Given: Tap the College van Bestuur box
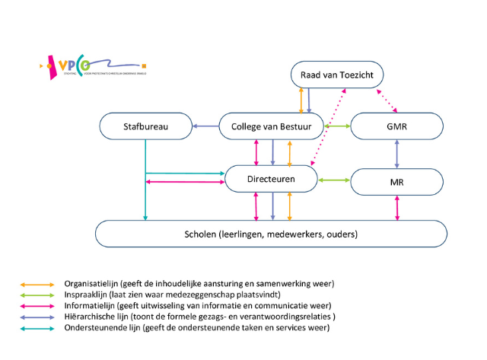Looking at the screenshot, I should [x=272, y=126].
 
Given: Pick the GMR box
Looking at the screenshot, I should [x=396, y=126].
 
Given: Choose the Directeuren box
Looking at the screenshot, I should [x=272, y=180].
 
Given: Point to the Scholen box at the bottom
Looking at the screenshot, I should [x=272, y=234].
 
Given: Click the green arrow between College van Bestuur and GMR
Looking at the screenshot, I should [x=337, y=126].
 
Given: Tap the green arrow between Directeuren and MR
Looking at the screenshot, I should [x=333, y=180].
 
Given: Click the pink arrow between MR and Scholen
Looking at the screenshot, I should [x=396, y=206].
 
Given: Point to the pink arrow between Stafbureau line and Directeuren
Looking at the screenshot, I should [x=185, y=182].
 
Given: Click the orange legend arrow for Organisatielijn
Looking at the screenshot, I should [x=37, y=283].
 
